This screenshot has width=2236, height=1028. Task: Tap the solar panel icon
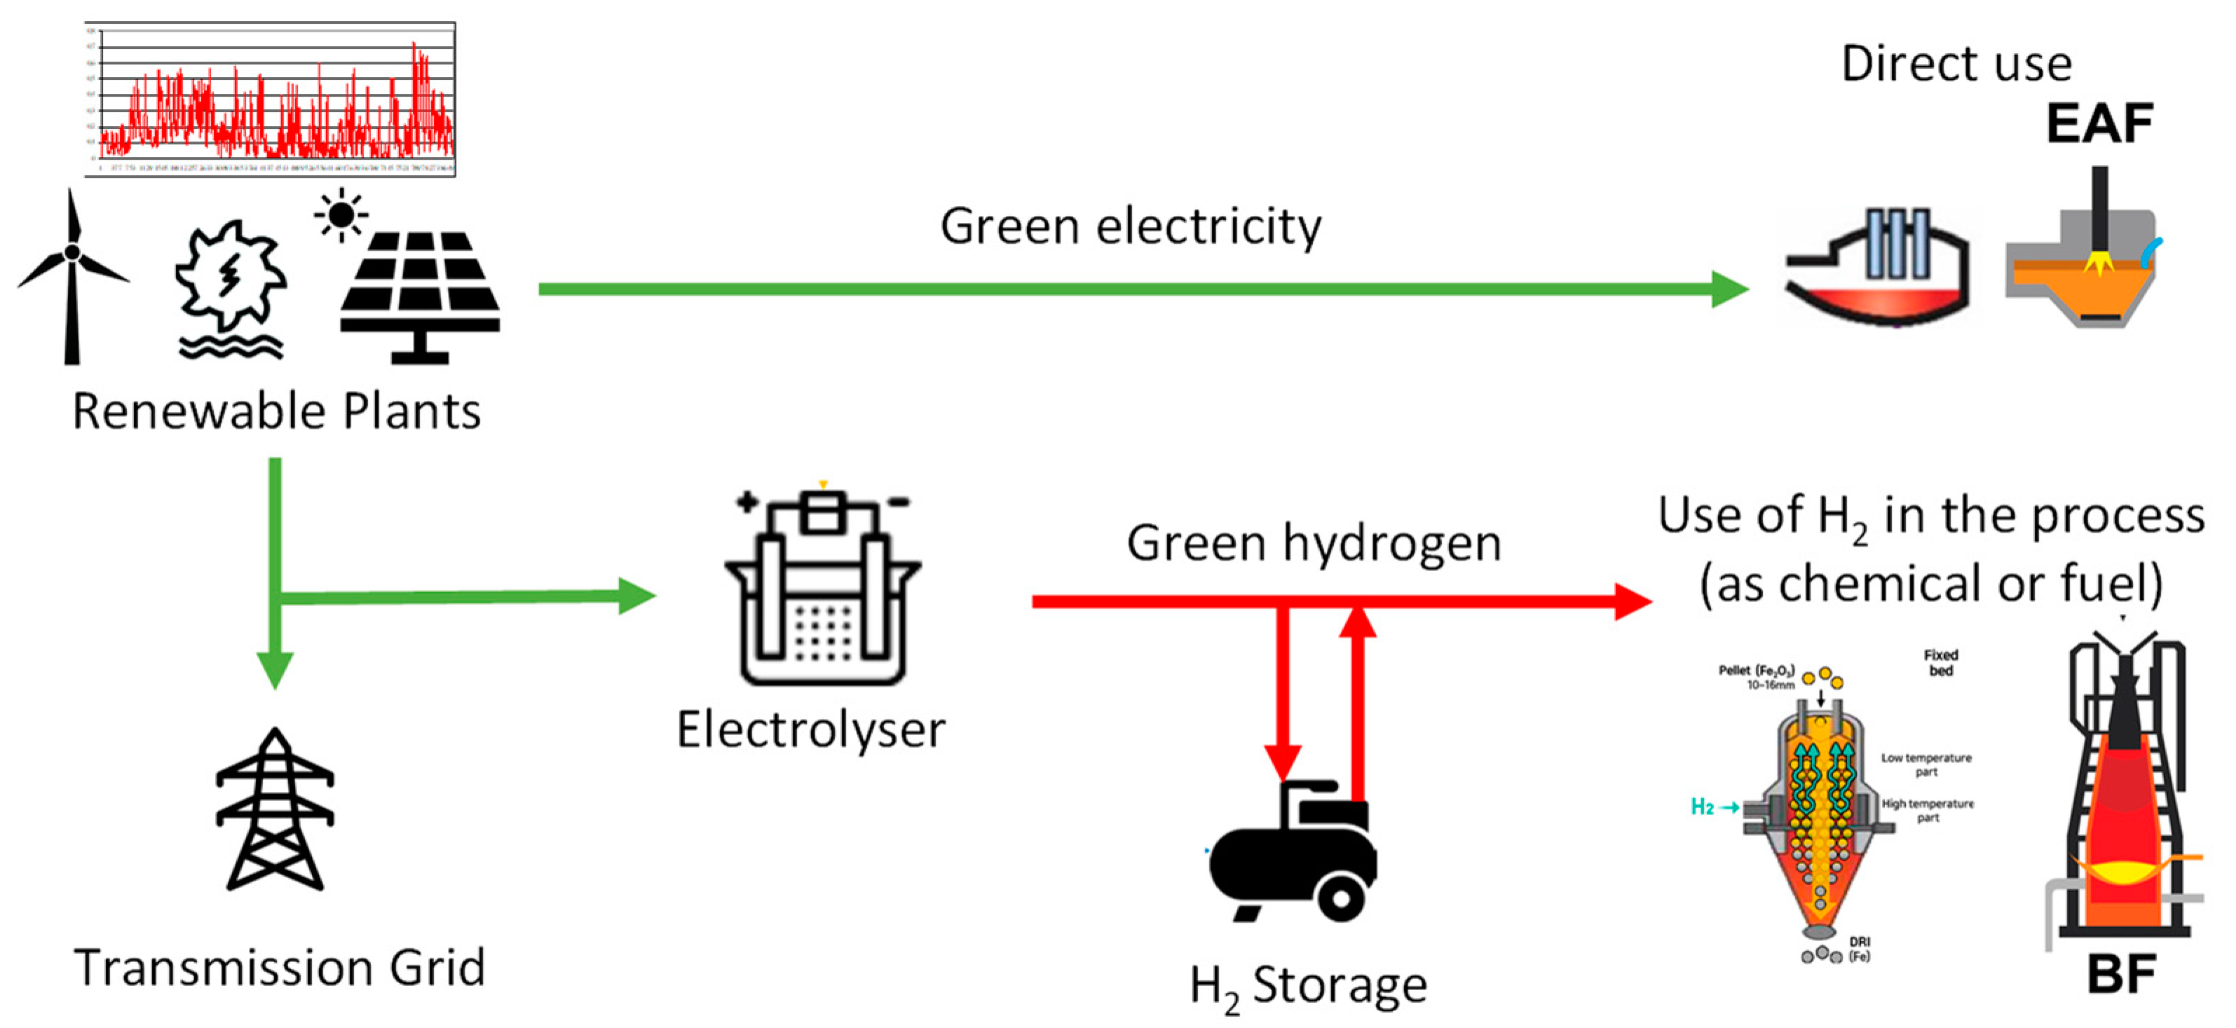[420, 295]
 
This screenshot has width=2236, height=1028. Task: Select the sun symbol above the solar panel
[341, 214]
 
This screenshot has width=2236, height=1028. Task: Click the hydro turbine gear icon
[230, 277]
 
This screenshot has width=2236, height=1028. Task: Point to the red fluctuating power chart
[271, 100]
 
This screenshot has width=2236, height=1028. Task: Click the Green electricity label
[1130, 227]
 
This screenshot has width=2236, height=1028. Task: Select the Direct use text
[1956, 64]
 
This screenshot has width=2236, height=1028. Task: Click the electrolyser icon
[822, 590]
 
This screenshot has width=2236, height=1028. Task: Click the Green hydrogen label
[1314, 544]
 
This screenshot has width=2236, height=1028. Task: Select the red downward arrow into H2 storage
[1282, 694]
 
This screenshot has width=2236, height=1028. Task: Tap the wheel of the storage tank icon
[1340, 898]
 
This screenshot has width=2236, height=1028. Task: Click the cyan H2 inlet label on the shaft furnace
[1702, 807]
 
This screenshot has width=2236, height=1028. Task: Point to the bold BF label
[2120, 974]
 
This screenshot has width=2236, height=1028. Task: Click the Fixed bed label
[1941, 663]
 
